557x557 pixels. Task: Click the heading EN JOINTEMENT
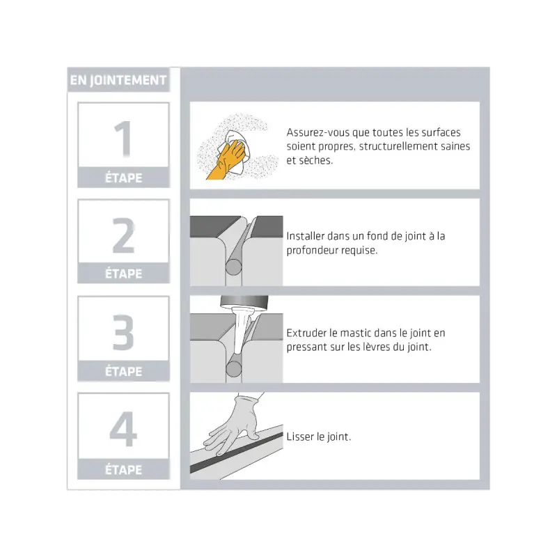pos(118,80)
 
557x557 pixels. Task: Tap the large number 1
pos(123,139)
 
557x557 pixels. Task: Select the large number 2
pos(124,235)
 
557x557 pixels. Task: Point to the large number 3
pos(123,332)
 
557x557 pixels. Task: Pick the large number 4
pos(123,429)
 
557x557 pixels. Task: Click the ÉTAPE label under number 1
pos(124,178)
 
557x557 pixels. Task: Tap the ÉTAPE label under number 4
pos(124,469)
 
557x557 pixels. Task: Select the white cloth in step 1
pos(236,151)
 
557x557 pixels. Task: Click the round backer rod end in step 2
pos(233,267)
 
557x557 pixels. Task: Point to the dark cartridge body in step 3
pos(244,302)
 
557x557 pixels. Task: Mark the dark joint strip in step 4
pos(236,453)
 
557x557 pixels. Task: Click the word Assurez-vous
pos(318,132)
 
